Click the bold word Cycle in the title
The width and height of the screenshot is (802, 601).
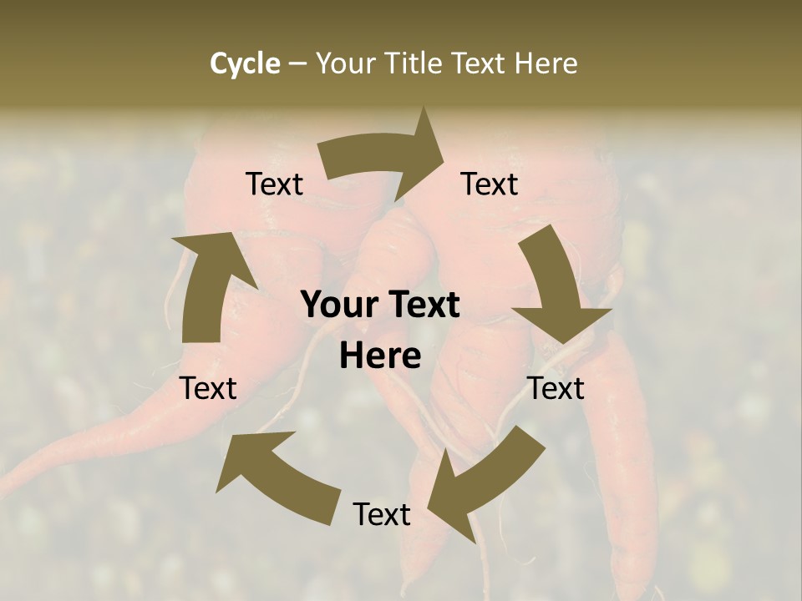tap(245, 63)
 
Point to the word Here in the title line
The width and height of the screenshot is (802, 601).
tap(546, 63)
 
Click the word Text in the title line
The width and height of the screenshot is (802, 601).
tap(480, 63)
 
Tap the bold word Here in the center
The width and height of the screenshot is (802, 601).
tap(380, 356)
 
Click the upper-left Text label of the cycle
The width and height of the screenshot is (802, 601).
tap(275, 184)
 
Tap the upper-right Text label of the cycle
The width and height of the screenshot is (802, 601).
tap(490, 184)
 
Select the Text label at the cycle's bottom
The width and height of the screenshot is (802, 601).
tap(382, 514)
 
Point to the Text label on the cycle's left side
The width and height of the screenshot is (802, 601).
tap(209, 388)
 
